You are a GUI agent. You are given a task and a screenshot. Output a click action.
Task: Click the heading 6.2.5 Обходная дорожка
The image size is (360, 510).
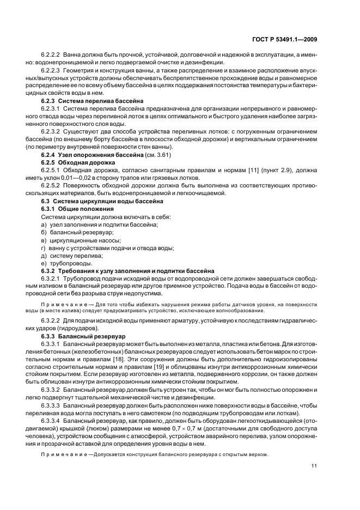point(78,162)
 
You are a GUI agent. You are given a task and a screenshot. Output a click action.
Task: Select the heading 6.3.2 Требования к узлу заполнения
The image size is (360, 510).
point(127,271)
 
